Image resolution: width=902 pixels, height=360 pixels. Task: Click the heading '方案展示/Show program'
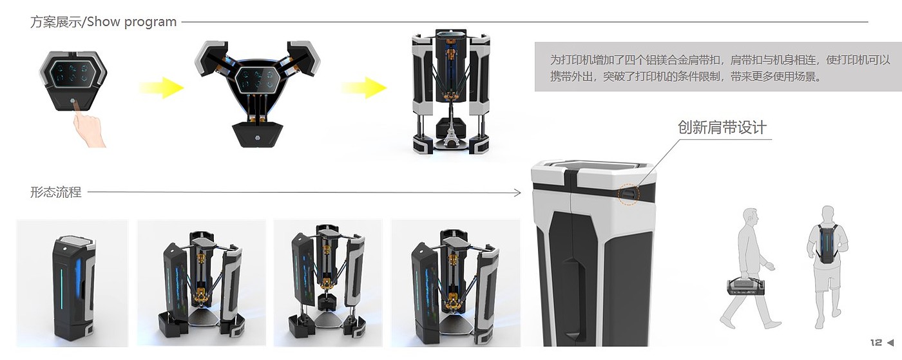tap(104, 22)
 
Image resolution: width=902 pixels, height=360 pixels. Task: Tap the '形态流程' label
tap(56, 192)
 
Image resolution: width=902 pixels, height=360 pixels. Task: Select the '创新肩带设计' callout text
tap(722, 128)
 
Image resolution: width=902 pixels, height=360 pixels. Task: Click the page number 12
tap(876, 342)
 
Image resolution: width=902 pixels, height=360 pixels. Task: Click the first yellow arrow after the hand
tap(162, 88)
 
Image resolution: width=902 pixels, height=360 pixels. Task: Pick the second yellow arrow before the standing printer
tap(365, 88)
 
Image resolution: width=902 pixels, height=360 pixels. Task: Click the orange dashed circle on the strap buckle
tap(628, 194)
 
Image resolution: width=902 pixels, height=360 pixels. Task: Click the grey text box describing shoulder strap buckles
tap(718, 67)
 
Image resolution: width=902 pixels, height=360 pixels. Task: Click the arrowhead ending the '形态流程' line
tap(518, 193)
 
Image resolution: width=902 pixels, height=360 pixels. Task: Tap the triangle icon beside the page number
tap(890, 342)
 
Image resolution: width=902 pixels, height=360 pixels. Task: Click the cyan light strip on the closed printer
tap(62, 289)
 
